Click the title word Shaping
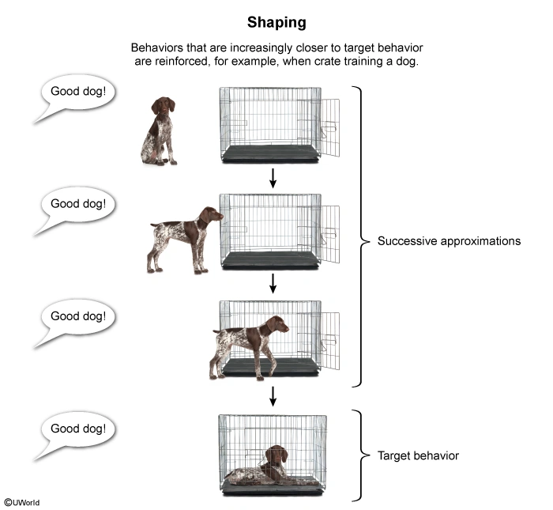tap(276, 21)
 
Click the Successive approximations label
tap(449, 240)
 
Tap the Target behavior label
tap(418, 455)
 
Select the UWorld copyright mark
tap(21, 502)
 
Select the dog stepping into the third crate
tap(248, 341)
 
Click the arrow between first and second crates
tap(273, 178)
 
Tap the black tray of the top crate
tap(269, 154)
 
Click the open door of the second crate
tap(330, 233)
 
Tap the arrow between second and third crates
tap(273, 283)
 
